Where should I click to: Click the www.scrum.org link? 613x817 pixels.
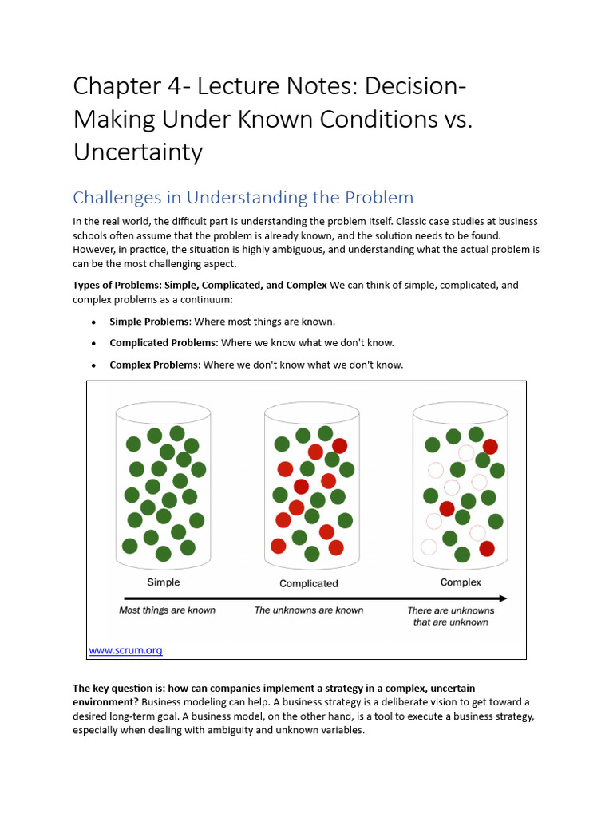pyautogui.click(x=125, y=650)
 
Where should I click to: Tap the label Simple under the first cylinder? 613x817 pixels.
pyautogui.click(x=164, y=582)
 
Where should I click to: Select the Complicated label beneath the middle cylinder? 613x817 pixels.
pyautogui.click(x=309, y=583)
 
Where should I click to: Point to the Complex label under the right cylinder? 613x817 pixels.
pyautogui.click(x=461, y=582)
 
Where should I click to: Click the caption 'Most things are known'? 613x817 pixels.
pyautogui.click(x=167, y=610)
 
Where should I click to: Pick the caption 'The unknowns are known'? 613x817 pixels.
pyautogui.click(x=309, y=610)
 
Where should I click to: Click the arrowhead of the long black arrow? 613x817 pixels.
pyautogui.click(x=502, y=598)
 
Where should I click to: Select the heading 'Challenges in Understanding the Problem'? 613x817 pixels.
pyautogui.click(x=243, y=197)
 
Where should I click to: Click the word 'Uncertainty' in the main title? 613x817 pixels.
pyautogui.click(x=138, y=152)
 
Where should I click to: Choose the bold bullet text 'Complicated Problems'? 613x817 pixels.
pyautogui.click(x=163, y=343)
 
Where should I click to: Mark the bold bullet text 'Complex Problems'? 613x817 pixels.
pyautogui.click(x=153, y=365)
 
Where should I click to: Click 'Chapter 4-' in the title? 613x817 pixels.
pyautogui.click(x=128, y=85)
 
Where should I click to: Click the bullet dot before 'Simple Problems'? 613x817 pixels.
pyautogui.click(x=93, y=322)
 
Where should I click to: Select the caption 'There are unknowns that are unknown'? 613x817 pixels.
pyautogui.click(x=450, y=616)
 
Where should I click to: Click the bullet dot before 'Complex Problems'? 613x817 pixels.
pyautogui.click(x=93, y=365)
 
